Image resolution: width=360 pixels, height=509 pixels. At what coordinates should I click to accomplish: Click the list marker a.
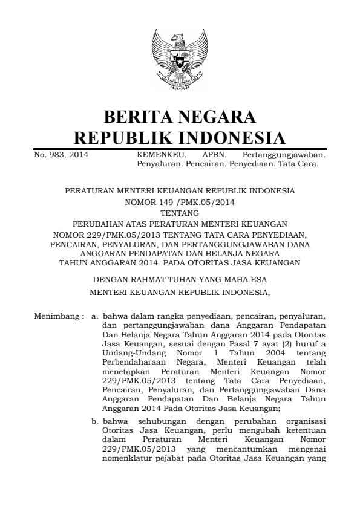coord(94,316)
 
